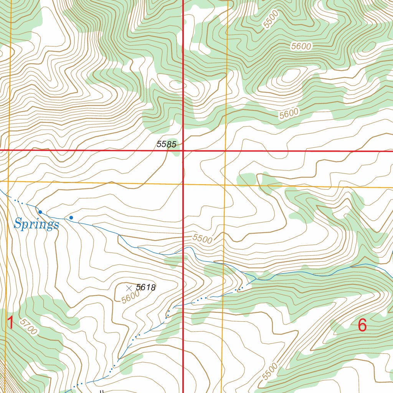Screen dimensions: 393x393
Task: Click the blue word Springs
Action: (x=36, y=224)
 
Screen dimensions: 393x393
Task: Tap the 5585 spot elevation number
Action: (x=166, y=145)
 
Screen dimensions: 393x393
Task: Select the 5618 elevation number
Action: (x=146, y=287)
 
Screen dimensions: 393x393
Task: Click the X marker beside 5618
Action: (x=129, y=287)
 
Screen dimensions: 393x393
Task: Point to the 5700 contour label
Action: (x=29, y=327)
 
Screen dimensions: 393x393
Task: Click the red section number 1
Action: (x=10, y=323)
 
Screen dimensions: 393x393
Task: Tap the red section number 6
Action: (x=362, y=325)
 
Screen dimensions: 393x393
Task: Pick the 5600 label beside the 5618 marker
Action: (x=130, y=297)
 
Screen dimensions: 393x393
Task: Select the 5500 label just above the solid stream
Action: (x=202, y=239)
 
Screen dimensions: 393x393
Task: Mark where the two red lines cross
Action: (x=183, y=151)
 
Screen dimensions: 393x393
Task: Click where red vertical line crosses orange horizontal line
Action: (x=183, y=183)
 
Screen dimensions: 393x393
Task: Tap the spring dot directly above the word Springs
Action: (x=40, y=212)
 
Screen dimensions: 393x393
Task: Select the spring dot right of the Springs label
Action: (x=71, y=218)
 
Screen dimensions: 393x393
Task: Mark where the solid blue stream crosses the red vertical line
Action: (x=183, y=250)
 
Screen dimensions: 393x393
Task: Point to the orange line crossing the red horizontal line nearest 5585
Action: (x=225, y=151)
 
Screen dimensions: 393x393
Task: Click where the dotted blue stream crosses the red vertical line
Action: (x=183, y=304)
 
